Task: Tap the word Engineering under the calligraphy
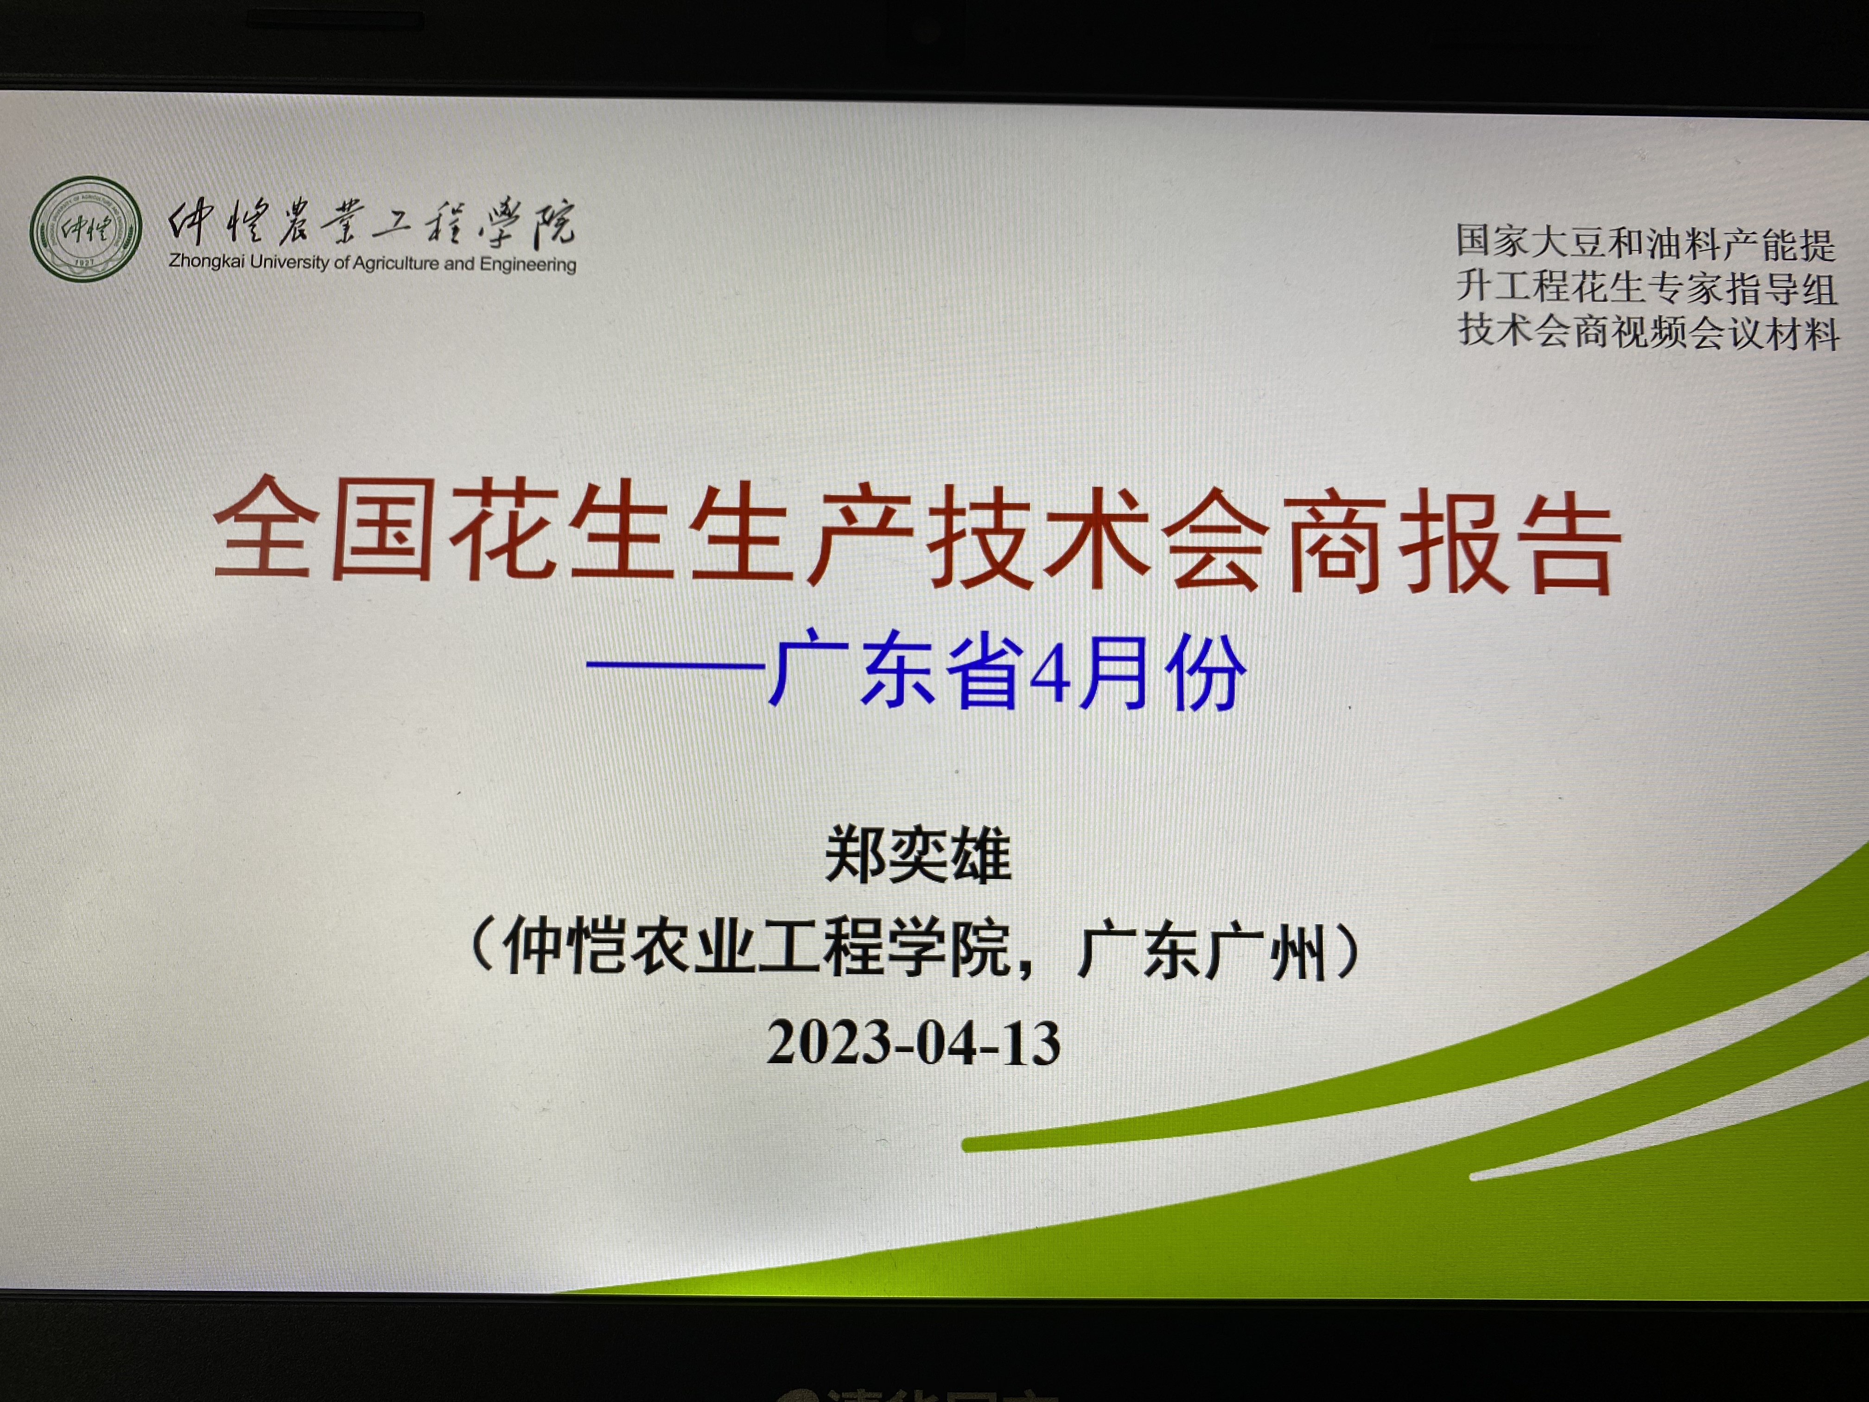[x=528, y=265]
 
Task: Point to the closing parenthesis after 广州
[x=1348, y=951]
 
